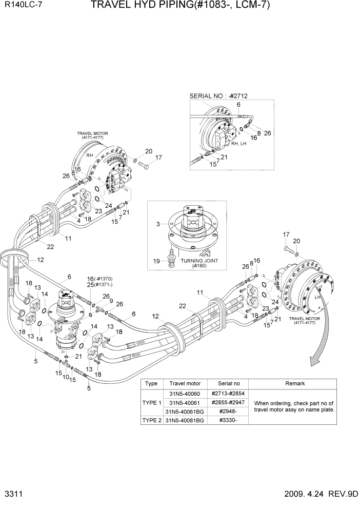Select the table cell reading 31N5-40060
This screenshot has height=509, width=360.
click(x=185, y=393)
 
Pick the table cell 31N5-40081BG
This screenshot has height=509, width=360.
click(x=185, y=420)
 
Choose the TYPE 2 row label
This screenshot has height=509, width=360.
click(x=152, y=420)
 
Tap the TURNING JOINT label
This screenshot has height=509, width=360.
click(x=199, y=261)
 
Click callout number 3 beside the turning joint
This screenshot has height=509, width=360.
click(x=158, y=224)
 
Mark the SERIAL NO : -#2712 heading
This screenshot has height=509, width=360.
click(x=222, y=96)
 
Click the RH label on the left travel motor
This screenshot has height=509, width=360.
click(x=89, y=155)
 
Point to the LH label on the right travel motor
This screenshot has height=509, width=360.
click(x=317, y=297)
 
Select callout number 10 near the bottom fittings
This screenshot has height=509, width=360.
click(x=66, y=377)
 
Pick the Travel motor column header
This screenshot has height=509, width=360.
click(x=185, y=383)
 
